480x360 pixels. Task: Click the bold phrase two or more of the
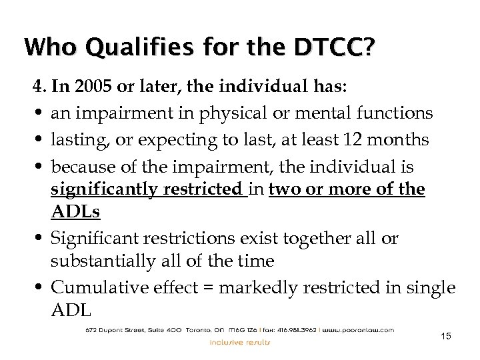pos(346,189)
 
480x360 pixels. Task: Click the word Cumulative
pos(97,289)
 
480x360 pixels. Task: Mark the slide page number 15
pos(446,336)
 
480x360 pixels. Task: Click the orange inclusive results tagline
pos(240,343)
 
